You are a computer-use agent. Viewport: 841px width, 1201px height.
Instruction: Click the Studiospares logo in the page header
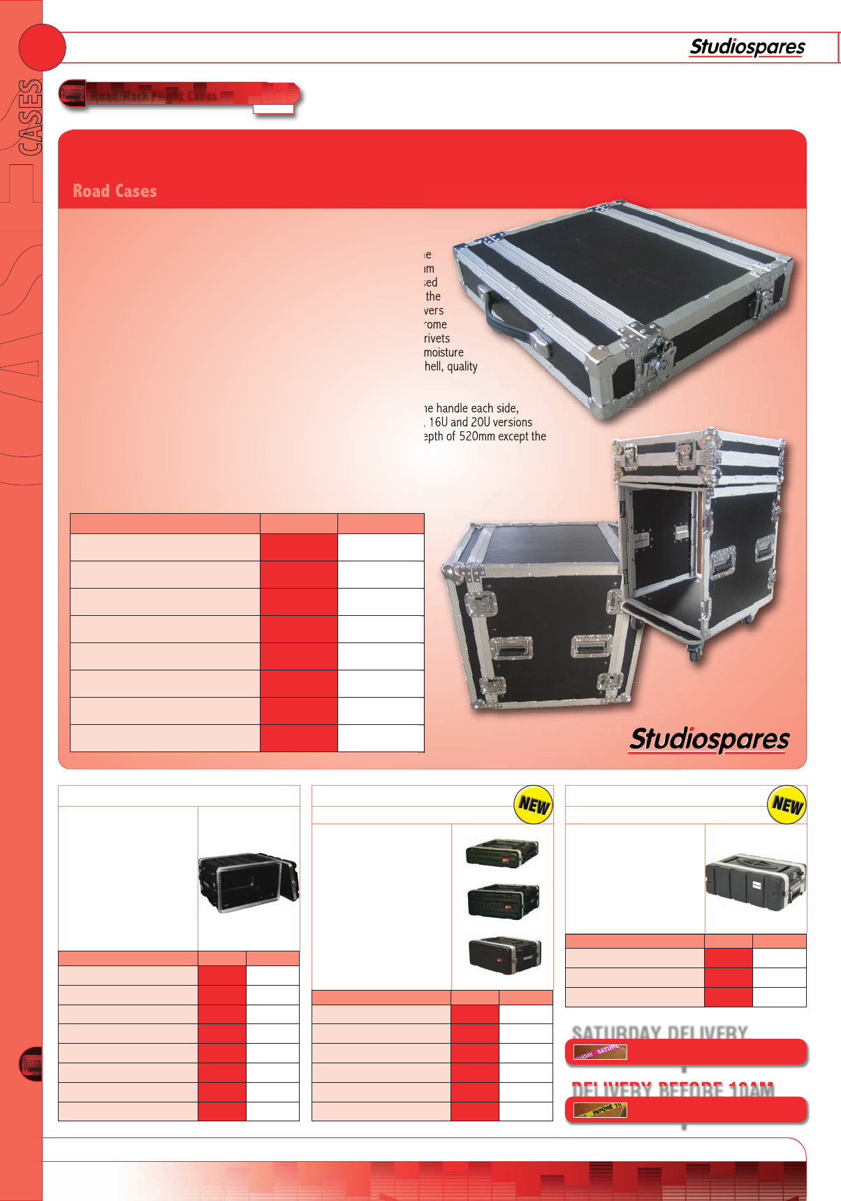click(747, 47)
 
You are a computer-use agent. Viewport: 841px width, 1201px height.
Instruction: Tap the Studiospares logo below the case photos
click(709, 739)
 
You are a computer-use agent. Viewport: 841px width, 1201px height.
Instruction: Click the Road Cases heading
click(115, 191)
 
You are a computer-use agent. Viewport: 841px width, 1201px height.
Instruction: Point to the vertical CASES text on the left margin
click(30, 117)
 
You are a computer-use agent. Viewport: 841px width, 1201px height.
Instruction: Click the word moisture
click(444, 352)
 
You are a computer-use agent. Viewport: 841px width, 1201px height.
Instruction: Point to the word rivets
click(437, 338)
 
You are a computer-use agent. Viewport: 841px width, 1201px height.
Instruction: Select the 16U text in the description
click(438, 422)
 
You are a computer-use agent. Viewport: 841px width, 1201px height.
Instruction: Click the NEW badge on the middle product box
click(534, 805)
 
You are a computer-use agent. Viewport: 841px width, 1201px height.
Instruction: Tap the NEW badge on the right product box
click(787, 805)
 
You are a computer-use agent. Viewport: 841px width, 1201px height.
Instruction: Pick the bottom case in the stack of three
click(504, 954)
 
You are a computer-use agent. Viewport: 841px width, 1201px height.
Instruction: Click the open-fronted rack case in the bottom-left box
click(248, 881)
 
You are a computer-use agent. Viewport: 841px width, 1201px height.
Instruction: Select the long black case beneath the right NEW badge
click(755, 882)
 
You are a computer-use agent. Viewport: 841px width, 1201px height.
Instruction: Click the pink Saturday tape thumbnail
click(600, 1051)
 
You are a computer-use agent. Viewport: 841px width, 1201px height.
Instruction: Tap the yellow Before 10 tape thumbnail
click(600, 1109)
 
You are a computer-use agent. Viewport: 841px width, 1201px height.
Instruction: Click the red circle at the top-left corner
click(42, 48)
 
